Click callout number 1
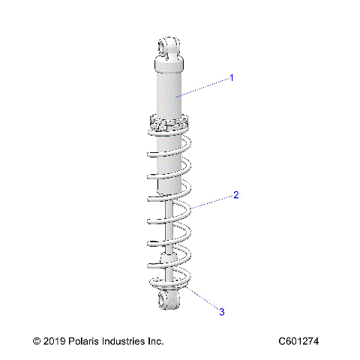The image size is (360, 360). [x=232, y=77]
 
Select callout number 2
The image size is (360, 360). [x=235, y=196]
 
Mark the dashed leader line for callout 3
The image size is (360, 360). [x=201, y=298]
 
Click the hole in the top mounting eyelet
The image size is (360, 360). [x=166, y=49]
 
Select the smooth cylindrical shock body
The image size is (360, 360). [x=171, y=90]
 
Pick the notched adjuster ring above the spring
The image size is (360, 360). [x=169, y=121]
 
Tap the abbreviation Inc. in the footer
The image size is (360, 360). [x=157, y=341]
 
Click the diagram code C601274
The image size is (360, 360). [x=298, y=341]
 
